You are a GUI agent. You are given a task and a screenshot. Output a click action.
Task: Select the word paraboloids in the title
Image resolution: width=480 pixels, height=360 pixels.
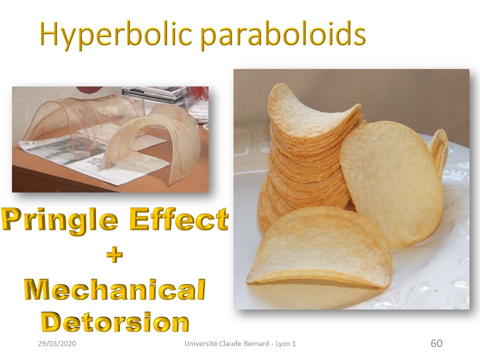click(283, 34)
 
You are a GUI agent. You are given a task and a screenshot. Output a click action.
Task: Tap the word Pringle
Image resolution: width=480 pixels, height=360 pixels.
click(59, 220)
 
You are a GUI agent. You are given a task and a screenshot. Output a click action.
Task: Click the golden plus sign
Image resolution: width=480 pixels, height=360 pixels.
click(115, 255)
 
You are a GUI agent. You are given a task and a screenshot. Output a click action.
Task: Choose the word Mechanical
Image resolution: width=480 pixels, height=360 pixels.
click(115, 289)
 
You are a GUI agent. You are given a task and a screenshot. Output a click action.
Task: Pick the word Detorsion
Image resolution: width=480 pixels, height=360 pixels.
click(115, 322)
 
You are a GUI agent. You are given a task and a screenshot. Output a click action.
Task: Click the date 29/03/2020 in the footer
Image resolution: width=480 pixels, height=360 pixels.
click(57, 343)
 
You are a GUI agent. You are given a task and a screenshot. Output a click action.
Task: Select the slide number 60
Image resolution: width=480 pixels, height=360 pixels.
click(436, 343)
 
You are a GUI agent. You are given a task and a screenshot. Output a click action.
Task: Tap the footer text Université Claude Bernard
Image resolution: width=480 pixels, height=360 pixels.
click(227, 343)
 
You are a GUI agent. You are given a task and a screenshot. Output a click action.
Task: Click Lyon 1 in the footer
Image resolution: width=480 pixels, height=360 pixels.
click(285, 343)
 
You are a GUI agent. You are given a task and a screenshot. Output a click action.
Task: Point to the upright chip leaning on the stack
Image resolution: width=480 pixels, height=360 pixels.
click(392, 183)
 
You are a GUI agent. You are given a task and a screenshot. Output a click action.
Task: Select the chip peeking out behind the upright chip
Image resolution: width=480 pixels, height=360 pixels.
click(438, 150)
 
